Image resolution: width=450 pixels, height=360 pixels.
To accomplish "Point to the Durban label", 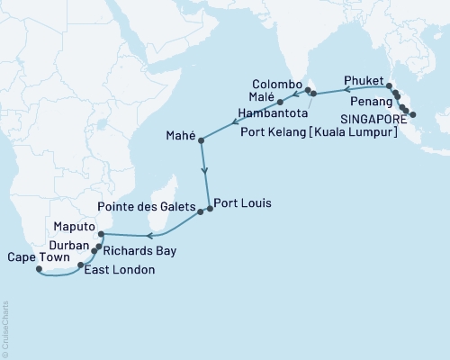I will (x=69, y=244).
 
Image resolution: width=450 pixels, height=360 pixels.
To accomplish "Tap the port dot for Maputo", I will (x=102, y=235).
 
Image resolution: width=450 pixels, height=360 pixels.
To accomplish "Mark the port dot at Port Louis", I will (x=210, y=209).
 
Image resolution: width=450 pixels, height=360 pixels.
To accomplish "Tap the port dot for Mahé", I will (x=202, y=140).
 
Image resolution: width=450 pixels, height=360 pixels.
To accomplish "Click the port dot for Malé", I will (x=282, y=101).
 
